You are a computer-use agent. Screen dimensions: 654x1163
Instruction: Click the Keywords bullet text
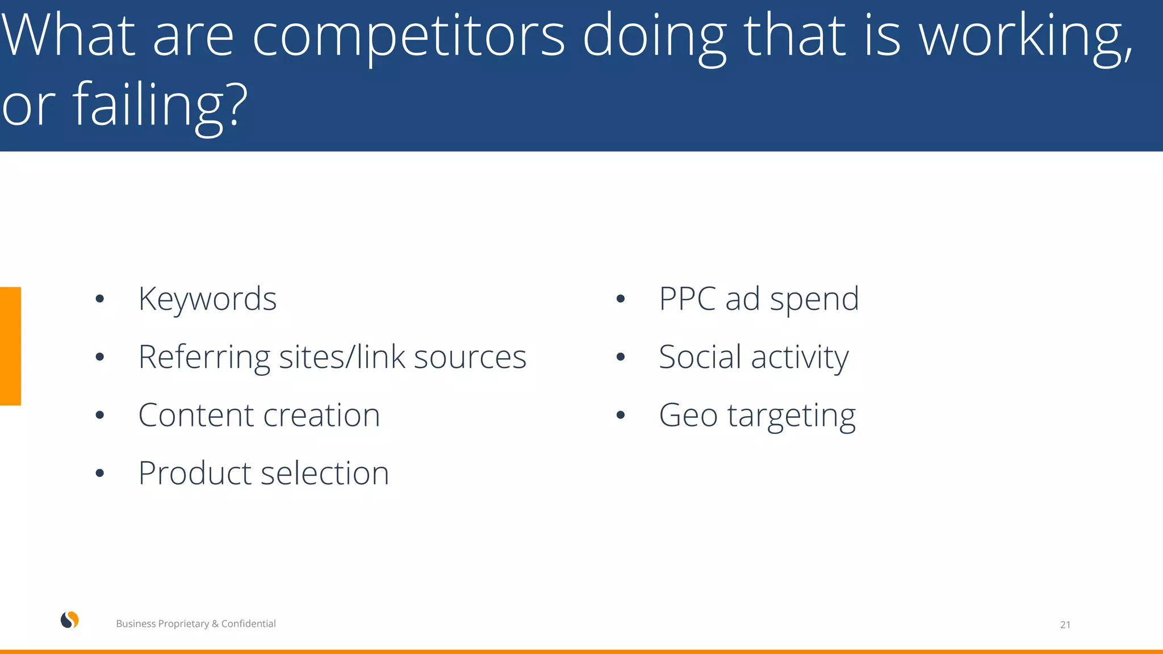pos(207,299)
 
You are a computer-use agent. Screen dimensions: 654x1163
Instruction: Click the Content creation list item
pos(259,415)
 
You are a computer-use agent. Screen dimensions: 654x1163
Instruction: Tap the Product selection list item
pos(263,473)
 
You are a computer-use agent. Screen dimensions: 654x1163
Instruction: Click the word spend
pos(814,300)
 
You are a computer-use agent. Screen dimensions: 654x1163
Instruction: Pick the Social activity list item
pos(754,358)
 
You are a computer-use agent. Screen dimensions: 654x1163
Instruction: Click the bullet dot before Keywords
pos(100,299)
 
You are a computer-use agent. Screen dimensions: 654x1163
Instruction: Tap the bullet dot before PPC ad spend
pos(620,299)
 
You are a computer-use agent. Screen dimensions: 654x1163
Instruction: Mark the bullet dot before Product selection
pos(100,473)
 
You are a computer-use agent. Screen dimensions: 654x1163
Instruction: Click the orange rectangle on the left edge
pos(10,346)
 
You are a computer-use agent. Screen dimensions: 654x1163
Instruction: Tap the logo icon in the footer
pos(70,621)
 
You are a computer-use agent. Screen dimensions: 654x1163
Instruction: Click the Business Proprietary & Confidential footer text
pos(195,623)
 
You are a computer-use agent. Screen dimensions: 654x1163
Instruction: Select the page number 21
pos(1065,624)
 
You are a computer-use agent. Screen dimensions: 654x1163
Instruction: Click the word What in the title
pos(68,37)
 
